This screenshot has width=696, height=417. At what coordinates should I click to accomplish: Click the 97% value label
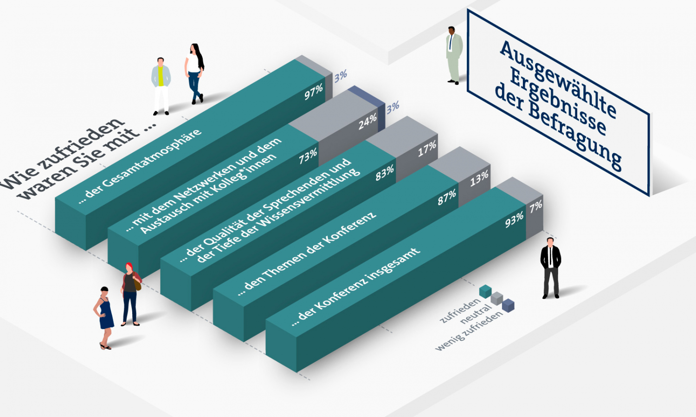click(x=314, y=92)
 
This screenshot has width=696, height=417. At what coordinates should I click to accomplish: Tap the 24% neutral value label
click(x=367, y=121)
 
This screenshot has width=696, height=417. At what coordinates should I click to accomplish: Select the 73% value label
click(x=308, y=156)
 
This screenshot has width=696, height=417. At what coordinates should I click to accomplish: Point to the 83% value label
click(x=385, y=173)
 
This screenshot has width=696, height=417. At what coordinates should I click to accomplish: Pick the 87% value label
click(x=447, y=198)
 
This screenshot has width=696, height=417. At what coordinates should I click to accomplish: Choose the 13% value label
click(x=479, y=179)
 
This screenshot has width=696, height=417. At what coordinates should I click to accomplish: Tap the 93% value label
click(x=514, y=220)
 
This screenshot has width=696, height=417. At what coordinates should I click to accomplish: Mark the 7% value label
click(x=536, y=207)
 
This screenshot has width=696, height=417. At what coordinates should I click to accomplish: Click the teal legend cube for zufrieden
click(x=485, y=291)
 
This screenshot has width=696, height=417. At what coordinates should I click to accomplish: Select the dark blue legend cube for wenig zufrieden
click(x=508, y=306)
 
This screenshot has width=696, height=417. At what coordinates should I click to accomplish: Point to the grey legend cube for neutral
click(x=497, y=298)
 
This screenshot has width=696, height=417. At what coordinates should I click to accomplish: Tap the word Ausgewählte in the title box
click(x=558, y=79)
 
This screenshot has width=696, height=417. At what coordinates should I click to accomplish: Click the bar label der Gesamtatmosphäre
click(x=140, y=166)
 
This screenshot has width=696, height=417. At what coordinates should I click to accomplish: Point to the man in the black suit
click(x=551, y=268)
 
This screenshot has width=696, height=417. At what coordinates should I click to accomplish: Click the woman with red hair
click(x=131, y=294)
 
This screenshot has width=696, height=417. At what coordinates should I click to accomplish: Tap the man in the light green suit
click(x=454, y=55)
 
